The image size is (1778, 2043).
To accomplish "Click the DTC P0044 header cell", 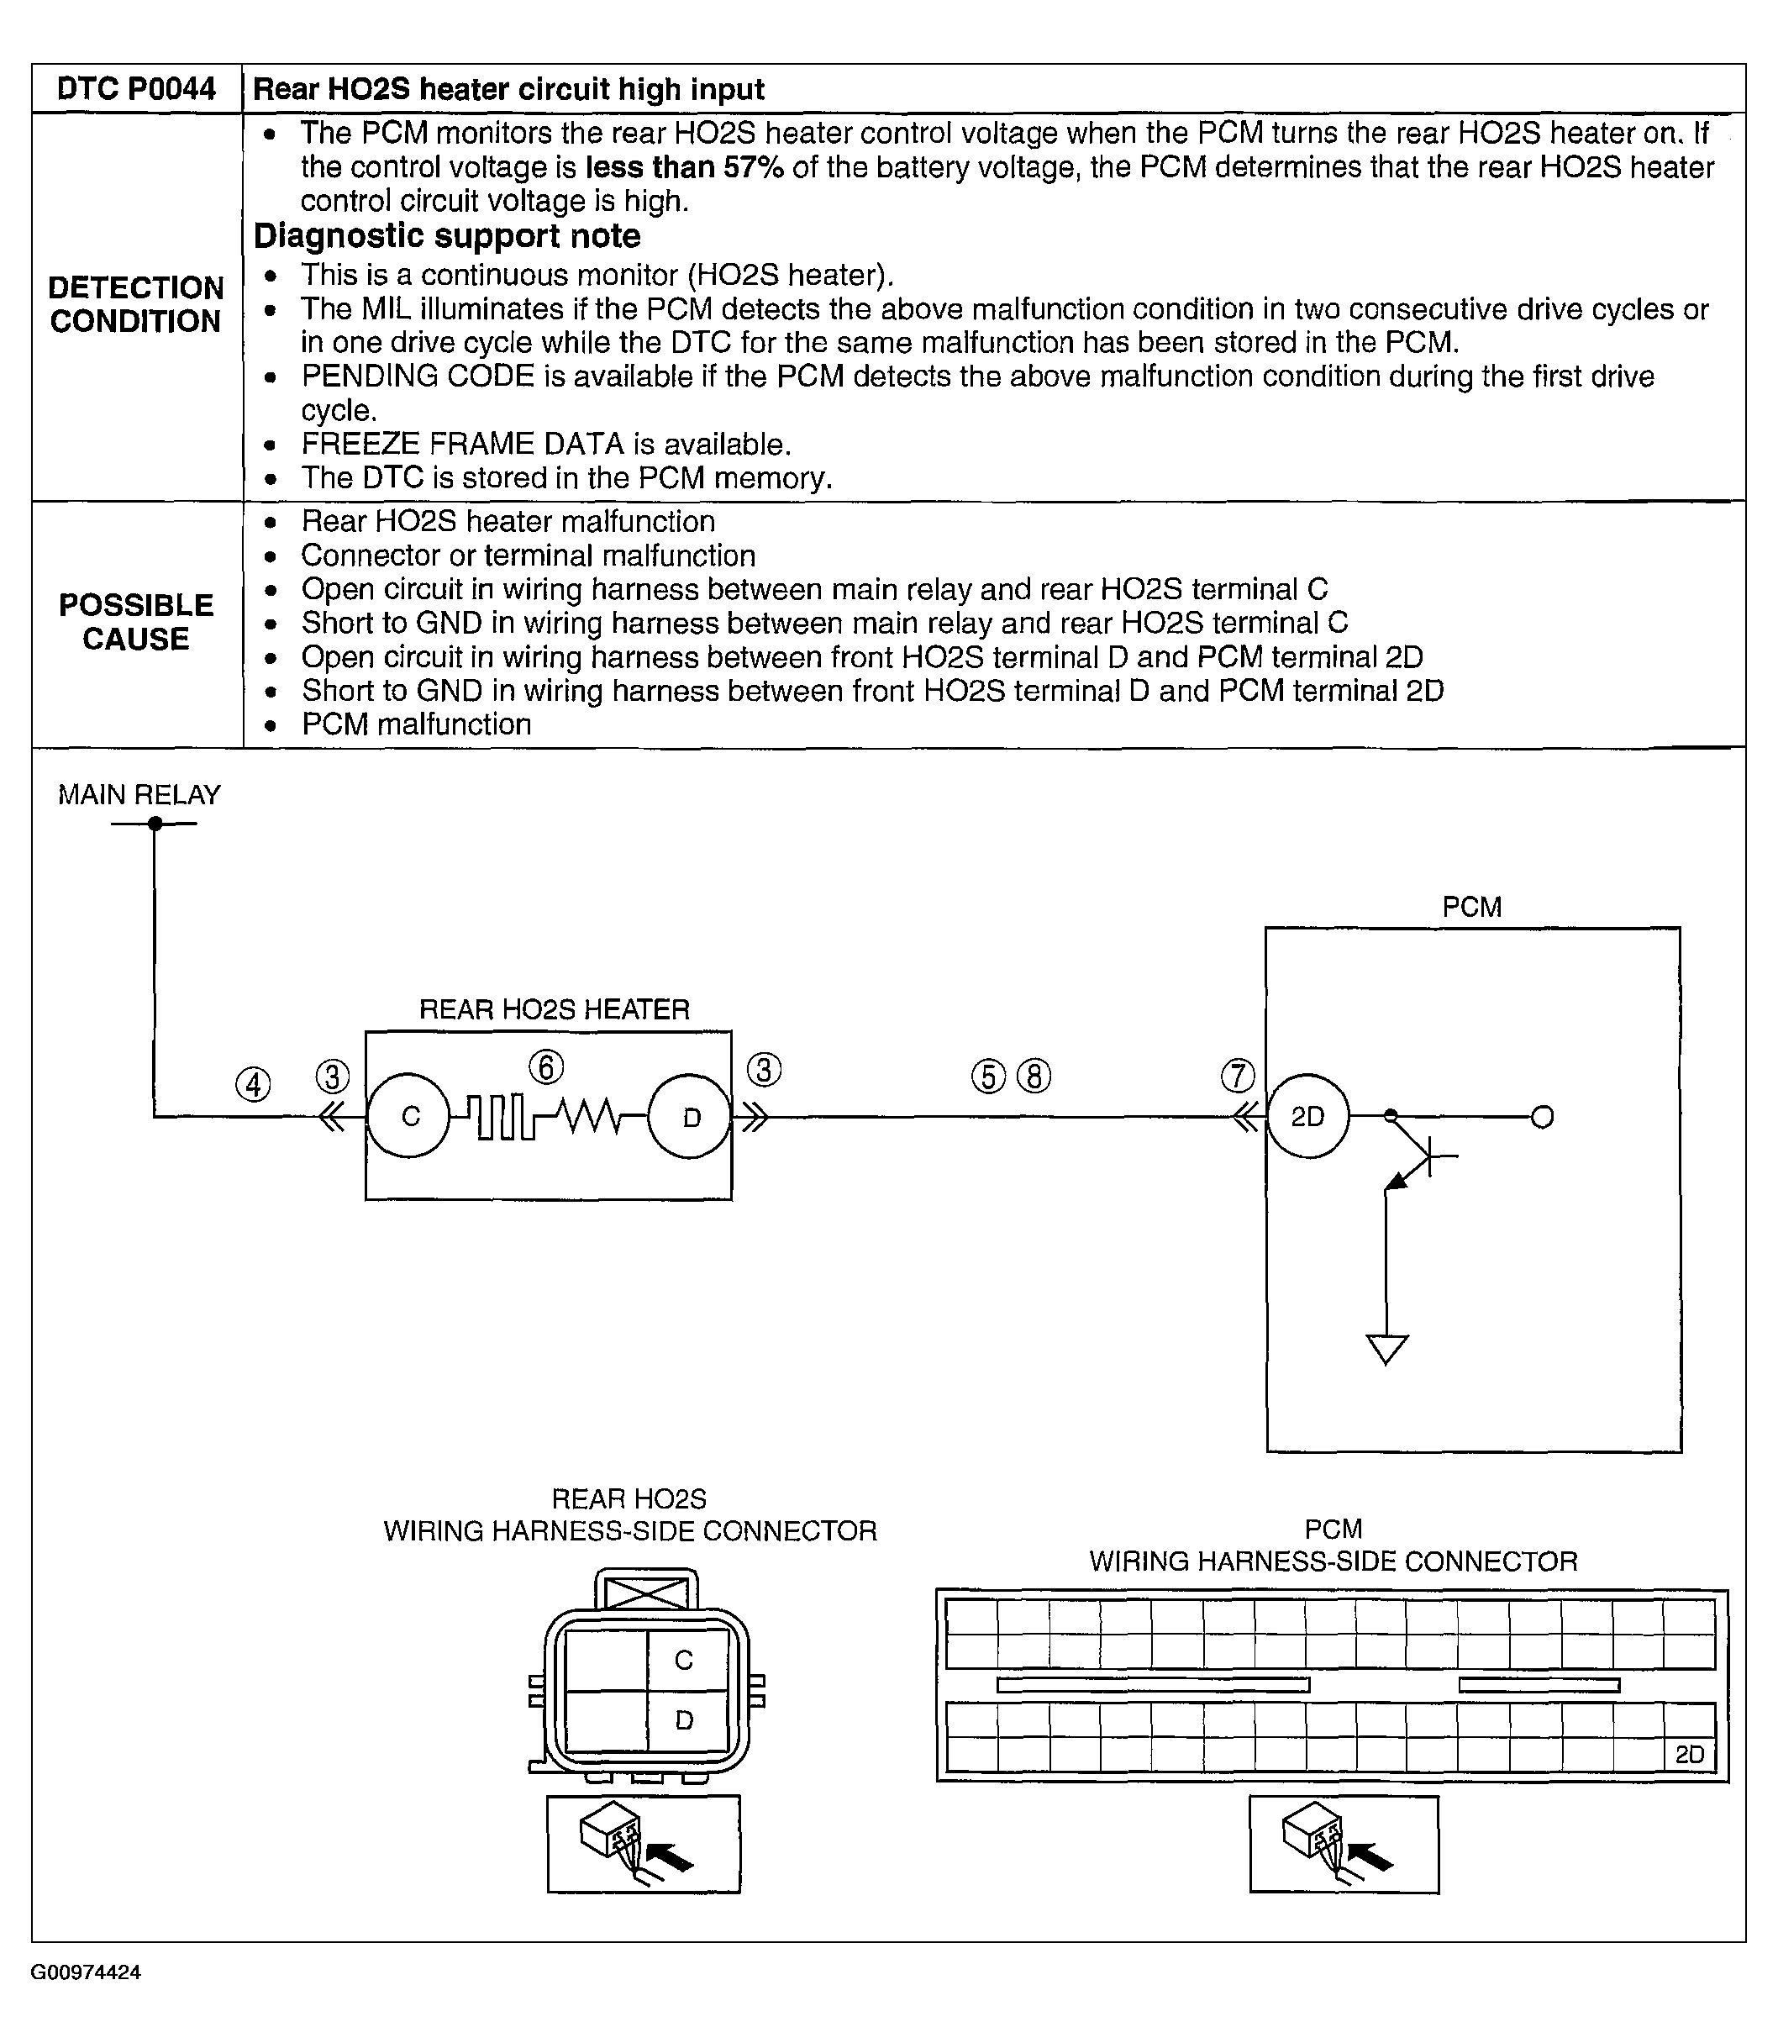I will (136, 89).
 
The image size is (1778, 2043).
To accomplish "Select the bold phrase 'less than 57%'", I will (684, 166).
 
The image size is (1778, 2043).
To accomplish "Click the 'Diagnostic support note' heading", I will (446, 236).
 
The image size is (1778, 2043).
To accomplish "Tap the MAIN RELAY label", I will (139, 795).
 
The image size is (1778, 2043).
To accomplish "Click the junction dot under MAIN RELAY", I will (155, 824).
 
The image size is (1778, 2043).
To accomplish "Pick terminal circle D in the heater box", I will (691, 1116).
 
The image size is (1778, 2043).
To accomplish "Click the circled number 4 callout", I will (253, 1083).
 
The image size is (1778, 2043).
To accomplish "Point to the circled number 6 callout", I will (545, 1067).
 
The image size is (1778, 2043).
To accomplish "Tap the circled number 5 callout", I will (988, 1077).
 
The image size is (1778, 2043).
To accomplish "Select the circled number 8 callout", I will (1034, 1077).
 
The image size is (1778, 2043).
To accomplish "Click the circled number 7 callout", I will (1237, 1075).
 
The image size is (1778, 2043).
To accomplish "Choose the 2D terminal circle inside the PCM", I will (1307, 1116).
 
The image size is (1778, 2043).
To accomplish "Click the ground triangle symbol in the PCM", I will (1386, 1350).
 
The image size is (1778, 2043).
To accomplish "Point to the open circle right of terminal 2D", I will (1542, 1117).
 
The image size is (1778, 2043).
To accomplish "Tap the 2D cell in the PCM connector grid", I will (1689, 1754).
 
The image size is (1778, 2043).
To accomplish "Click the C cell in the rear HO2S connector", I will (684, 1660).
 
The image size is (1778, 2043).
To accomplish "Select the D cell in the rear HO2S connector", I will (684, 1719).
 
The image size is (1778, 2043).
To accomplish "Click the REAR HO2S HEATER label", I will (554, 1010).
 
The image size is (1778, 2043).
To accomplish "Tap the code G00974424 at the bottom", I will (86, 1972).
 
